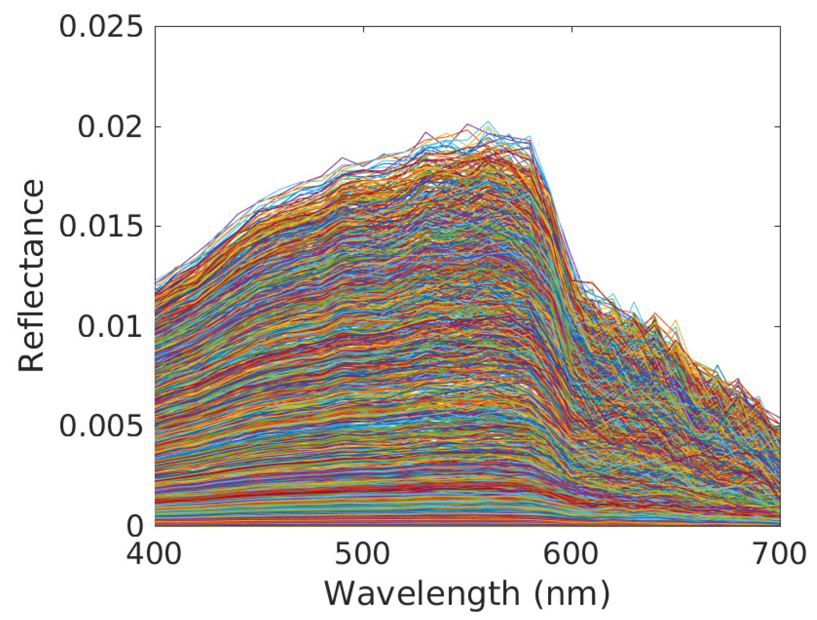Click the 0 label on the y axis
[134, 526]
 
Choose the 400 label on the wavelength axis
[154, 554]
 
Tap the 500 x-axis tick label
[363, 554]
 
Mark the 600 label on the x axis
[571, 554]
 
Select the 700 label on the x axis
[780, 554]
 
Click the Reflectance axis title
[31, 275]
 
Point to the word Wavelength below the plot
[422, 594]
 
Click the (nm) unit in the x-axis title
[572, 594]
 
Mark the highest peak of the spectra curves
[487, 121]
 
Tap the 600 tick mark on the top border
[571, 29]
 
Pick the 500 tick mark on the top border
[363, 29]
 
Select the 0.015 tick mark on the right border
[777, 226]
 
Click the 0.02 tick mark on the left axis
[158, 127]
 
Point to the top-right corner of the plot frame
[780, 27]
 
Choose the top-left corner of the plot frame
[155, 27]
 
